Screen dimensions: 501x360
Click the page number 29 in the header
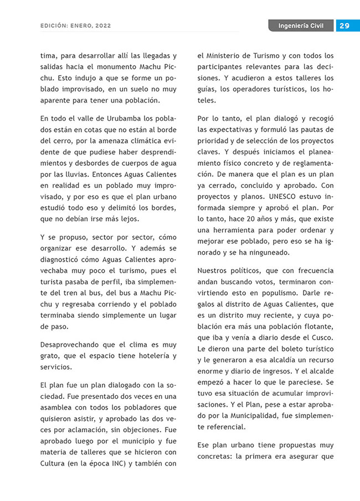pyautogui.click(x=344, y=25)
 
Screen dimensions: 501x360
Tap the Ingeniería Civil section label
pyautogui.click(x=301, y=25)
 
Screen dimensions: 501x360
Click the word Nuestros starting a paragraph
pyautogui.click(x=214, y=271)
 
